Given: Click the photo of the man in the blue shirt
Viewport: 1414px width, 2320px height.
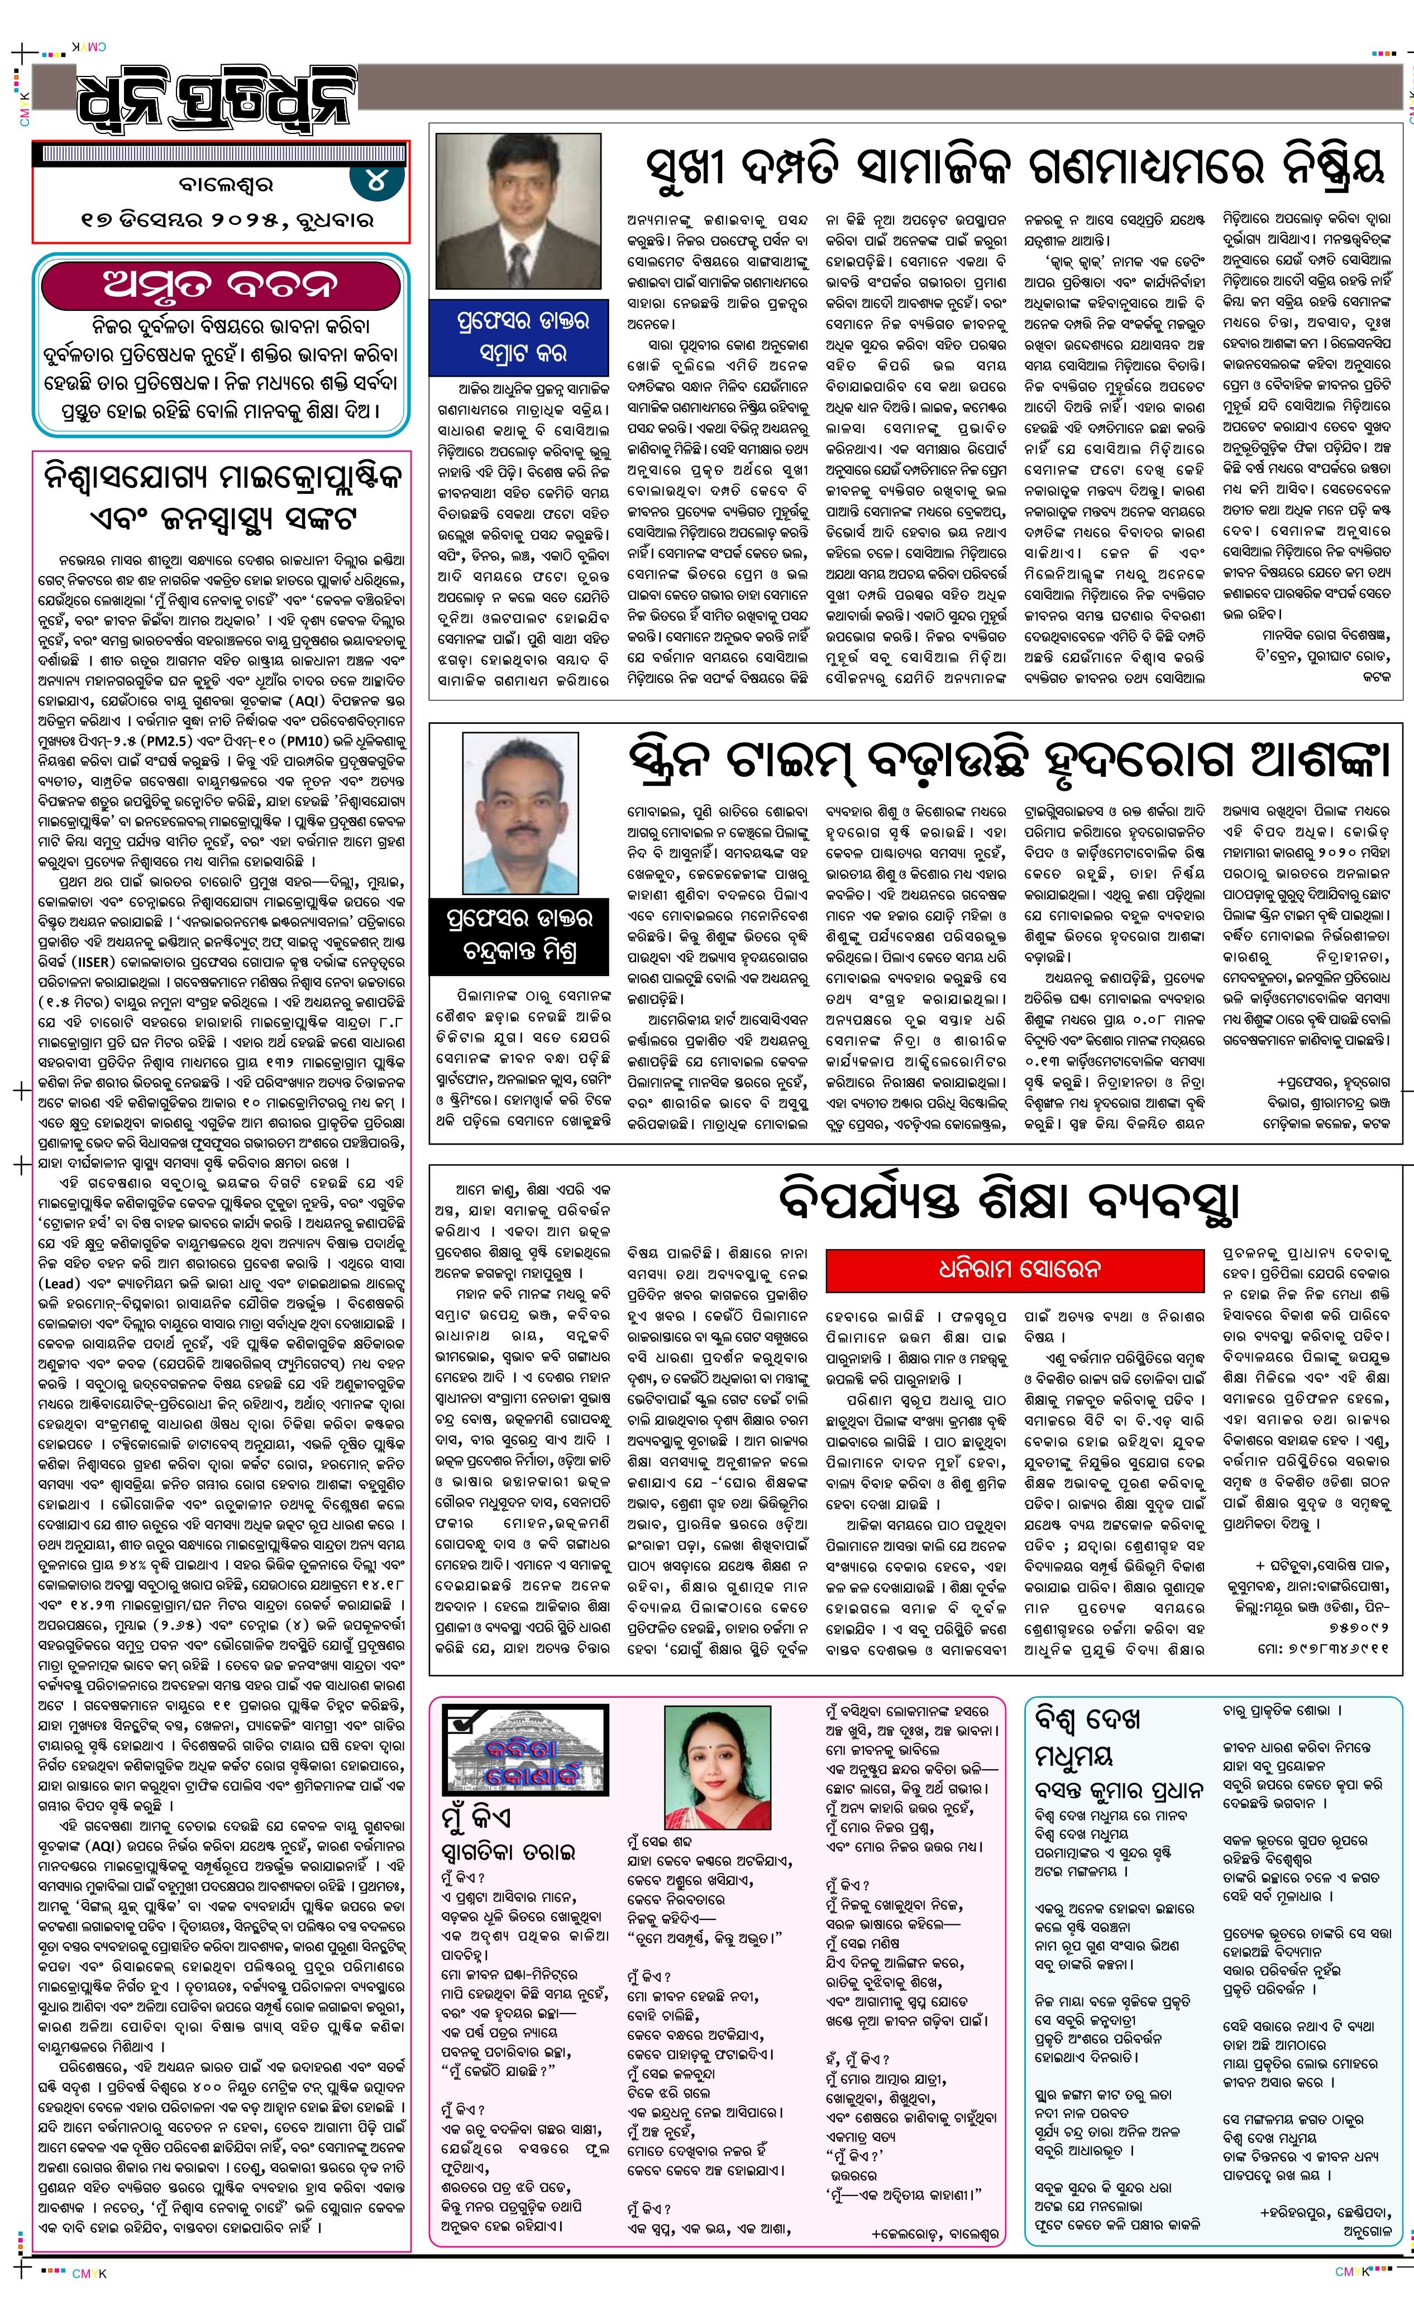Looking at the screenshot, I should (x=518, y=817).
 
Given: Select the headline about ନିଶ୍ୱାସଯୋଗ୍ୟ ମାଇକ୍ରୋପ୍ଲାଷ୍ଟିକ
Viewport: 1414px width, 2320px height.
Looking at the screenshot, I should (x=221, y=494).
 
